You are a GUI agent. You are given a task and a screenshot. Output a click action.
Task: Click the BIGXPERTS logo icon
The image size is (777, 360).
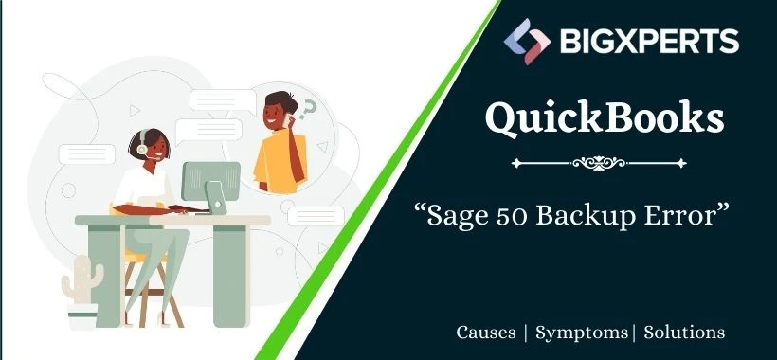tap(527, 42)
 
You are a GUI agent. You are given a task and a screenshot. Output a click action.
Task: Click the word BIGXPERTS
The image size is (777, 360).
tap(650, 42)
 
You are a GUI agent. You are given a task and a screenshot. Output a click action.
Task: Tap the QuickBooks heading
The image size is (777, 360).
tap(605, 119)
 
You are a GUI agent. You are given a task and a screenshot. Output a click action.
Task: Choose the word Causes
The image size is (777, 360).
tap(485, 333)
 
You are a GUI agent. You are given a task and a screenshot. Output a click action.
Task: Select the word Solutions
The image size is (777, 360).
tap(684, 333)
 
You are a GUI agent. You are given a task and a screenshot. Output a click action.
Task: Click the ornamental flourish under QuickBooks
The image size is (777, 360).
tap(599, 163)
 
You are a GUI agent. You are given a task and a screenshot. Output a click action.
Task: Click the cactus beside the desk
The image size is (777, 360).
tap(82, 279)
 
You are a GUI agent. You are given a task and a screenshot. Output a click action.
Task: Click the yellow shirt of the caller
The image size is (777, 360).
tap(275, 160)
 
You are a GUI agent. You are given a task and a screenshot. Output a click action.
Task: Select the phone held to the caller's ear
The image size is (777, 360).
tap(287, 118)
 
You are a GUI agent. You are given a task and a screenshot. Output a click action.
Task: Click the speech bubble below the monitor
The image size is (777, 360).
tap(316, 216)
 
